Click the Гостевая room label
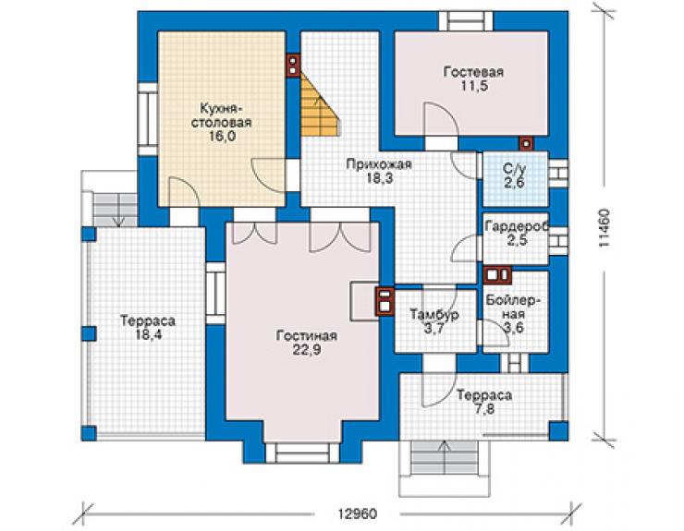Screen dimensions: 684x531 tap(473, 71)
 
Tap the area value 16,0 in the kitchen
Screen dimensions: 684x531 tap(223, 137)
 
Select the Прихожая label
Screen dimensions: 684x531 tap(379, 164)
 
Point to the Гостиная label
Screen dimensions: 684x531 tap(306, 336)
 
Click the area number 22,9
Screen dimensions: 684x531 tap(306, 350)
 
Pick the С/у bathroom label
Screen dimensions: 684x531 tap(514, 169)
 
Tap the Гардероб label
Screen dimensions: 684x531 tap(517, 226)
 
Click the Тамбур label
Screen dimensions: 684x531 tap(434, 314)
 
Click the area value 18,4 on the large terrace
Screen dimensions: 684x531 tap(148, 335)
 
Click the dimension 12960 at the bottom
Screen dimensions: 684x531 tap(358, 514)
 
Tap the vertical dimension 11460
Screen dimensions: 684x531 tap(604, 229)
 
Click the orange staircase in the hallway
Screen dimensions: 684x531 tap(320, 106)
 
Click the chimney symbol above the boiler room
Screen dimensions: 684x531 tap(497, 274)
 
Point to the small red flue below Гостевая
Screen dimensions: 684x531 tap(527, 143)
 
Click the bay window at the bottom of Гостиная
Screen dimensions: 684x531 tap(303, 453)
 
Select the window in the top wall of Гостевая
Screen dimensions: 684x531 tap(466, 21)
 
